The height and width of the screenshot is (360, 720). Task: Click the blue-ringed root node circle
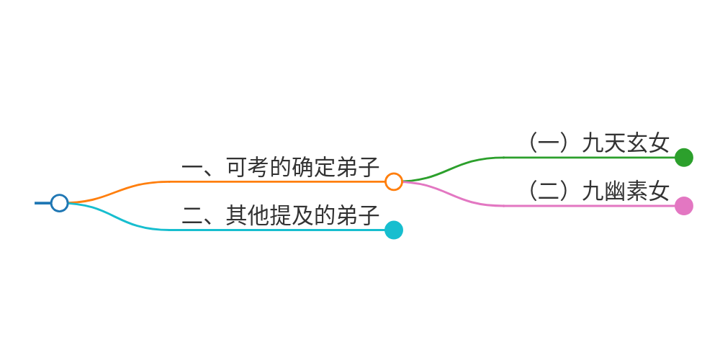coord(60,203)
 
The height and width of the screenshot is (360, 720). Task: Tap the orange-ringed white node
coord(393,181)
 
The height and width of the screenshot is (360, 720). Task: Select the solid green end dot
coord(684,157)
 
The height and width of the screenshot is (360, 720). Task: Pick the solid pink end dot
coord(684,206)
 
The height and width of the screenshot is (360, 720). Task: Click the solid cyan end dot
coord(393,230)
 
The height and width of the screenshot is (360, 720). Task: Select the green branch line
coord(576,157)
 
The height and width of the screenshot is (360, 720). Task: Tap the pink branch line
coord(576,206)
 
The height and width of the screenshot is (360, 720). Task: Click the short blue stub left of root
coord(42,203)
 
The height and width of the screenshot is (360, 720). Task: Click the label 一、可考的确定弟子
coord(281,167)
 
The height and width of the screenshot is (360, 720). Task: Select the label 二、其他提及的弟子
coord(281,215)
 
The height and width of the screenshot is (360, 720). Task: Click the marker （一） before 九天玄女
coord(549,143)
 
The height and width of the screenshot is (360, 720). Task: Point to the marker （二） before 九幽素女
coord(549,192)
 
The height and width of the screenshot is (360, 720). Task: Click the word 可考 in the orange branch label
coord(248,167)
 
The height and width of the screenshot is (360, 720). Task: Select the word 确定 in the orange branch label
coord(314,167)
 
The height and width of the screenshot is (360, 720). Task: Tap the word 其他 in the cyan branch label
coord(248,215)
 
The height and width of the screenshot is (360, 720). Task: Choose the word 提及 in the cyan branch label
coord(292,215)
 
